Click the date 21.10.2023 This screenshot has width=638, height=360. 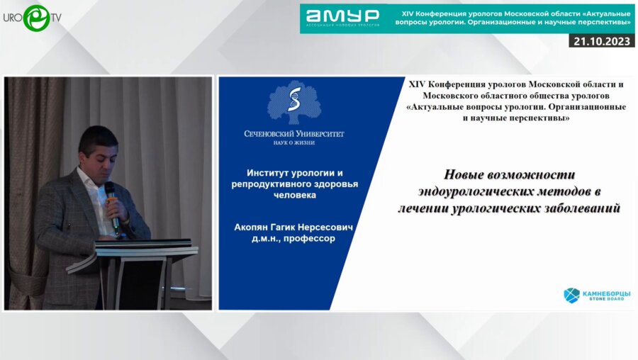point(602,41)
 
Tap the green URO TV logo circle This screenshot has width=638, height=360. point(36,18)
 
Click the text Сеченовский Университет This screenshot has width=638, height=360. point(294,133)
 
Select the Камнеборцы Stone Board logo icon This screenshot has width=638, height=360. point(571,295)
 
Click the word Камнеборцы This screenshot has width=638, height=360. point(606,293)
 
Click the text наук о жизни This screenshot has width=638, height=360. point(294,143)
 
